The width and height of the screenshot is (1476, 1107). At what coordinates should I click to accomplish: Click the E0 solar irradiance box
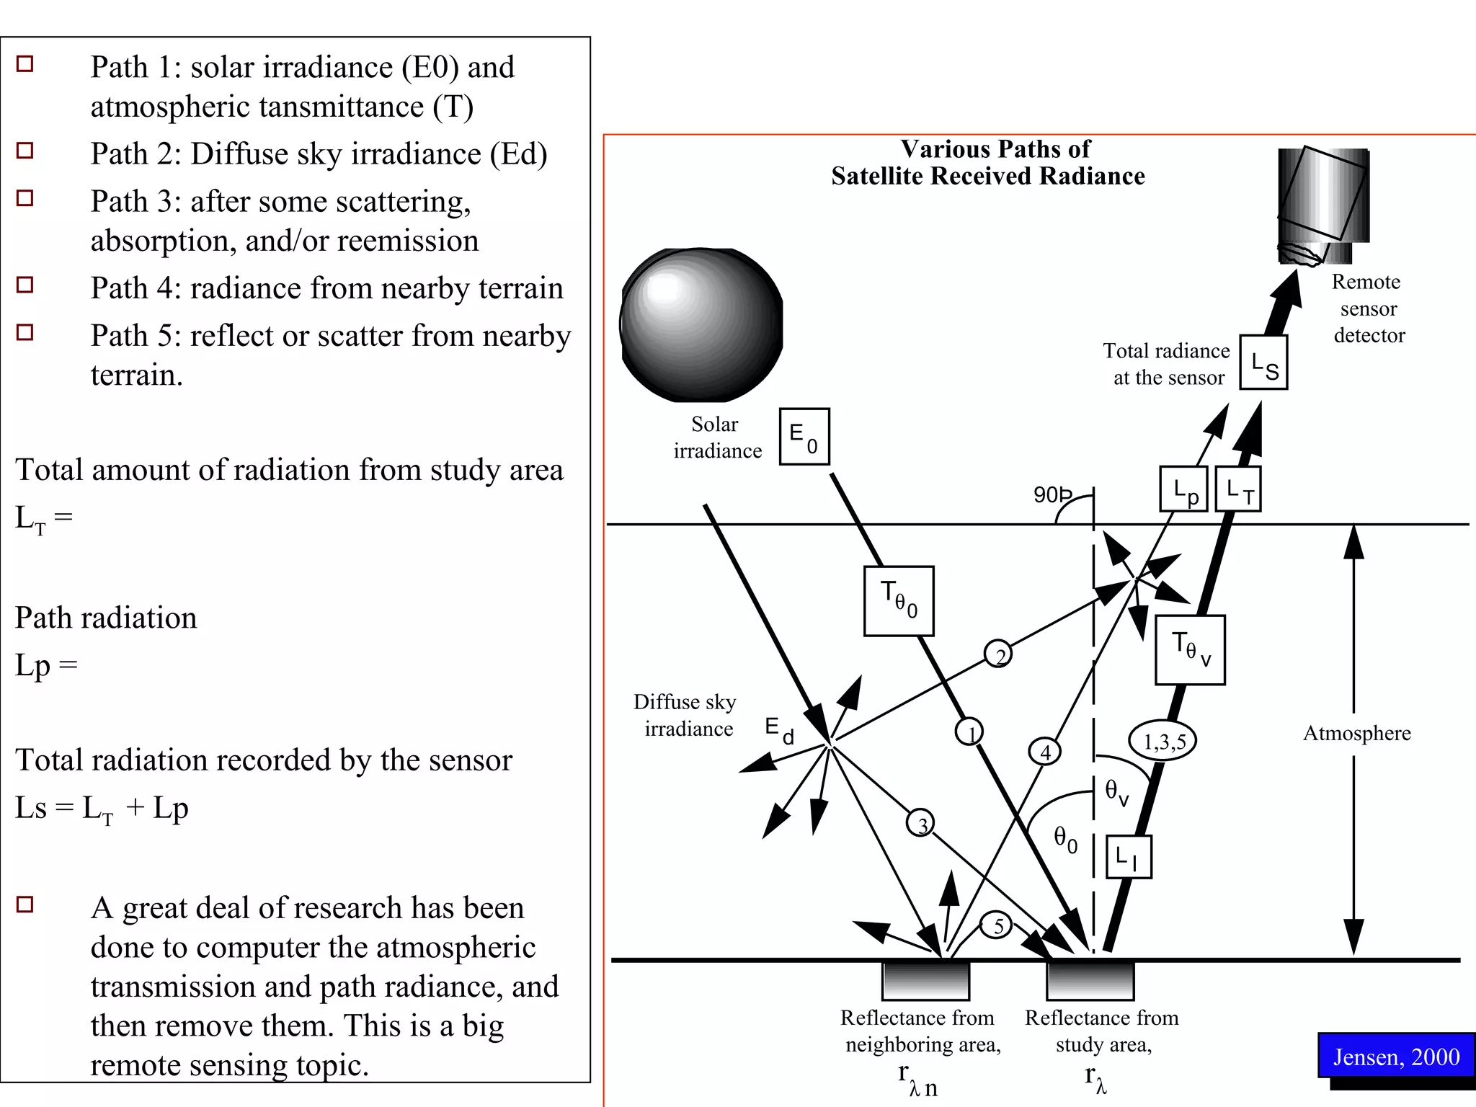coord(804,437)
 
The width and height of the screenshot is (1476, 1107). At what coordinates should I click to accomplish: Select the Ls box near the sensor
coord(1263,363)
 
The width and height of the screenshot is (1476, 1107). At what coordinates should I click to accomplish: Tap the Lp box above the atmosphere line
coord(1183,489)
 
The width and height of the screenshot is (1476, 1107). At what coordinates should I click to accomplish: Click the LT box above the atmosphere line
coord(1238,489)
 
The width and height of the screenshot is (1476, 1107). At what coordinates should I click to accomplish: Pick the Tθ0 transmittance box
coord(899,601)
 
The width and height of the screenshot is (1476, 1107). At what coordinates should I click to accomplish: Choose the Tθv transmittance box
coord(1190,650)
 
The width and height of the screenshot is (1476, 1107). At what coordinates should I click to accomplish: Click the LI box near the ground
coord(1129,857)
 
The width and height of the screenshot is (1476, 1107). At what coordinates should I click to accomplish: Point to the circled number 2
coord(998,654)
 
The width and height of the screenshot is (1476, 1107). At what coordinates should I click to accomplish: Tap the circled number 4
coord(1045,752)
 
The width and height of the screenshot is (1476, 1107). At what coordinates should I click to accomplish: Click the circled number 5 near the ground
coord(998,925)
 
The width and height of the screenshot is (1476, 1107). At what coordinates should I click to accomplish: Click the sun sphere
coord(701,325)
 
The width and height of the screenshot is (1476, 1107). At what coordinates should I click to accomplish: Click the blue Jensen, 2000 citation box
coord(1396,1056)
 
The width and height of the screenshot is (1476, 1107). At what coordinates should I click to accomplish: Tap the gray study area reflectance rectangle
coord(1090,981)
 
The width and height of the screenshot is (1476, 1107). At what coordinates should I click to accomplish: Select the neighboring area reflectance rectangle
coord(925,981)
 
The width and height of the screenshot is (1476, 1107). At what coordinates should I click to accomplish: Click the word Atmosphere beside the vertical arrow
coord(1356,733)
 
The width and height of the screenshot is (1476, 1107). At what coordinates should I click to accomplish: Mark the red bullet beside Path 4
coord(25,285)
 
